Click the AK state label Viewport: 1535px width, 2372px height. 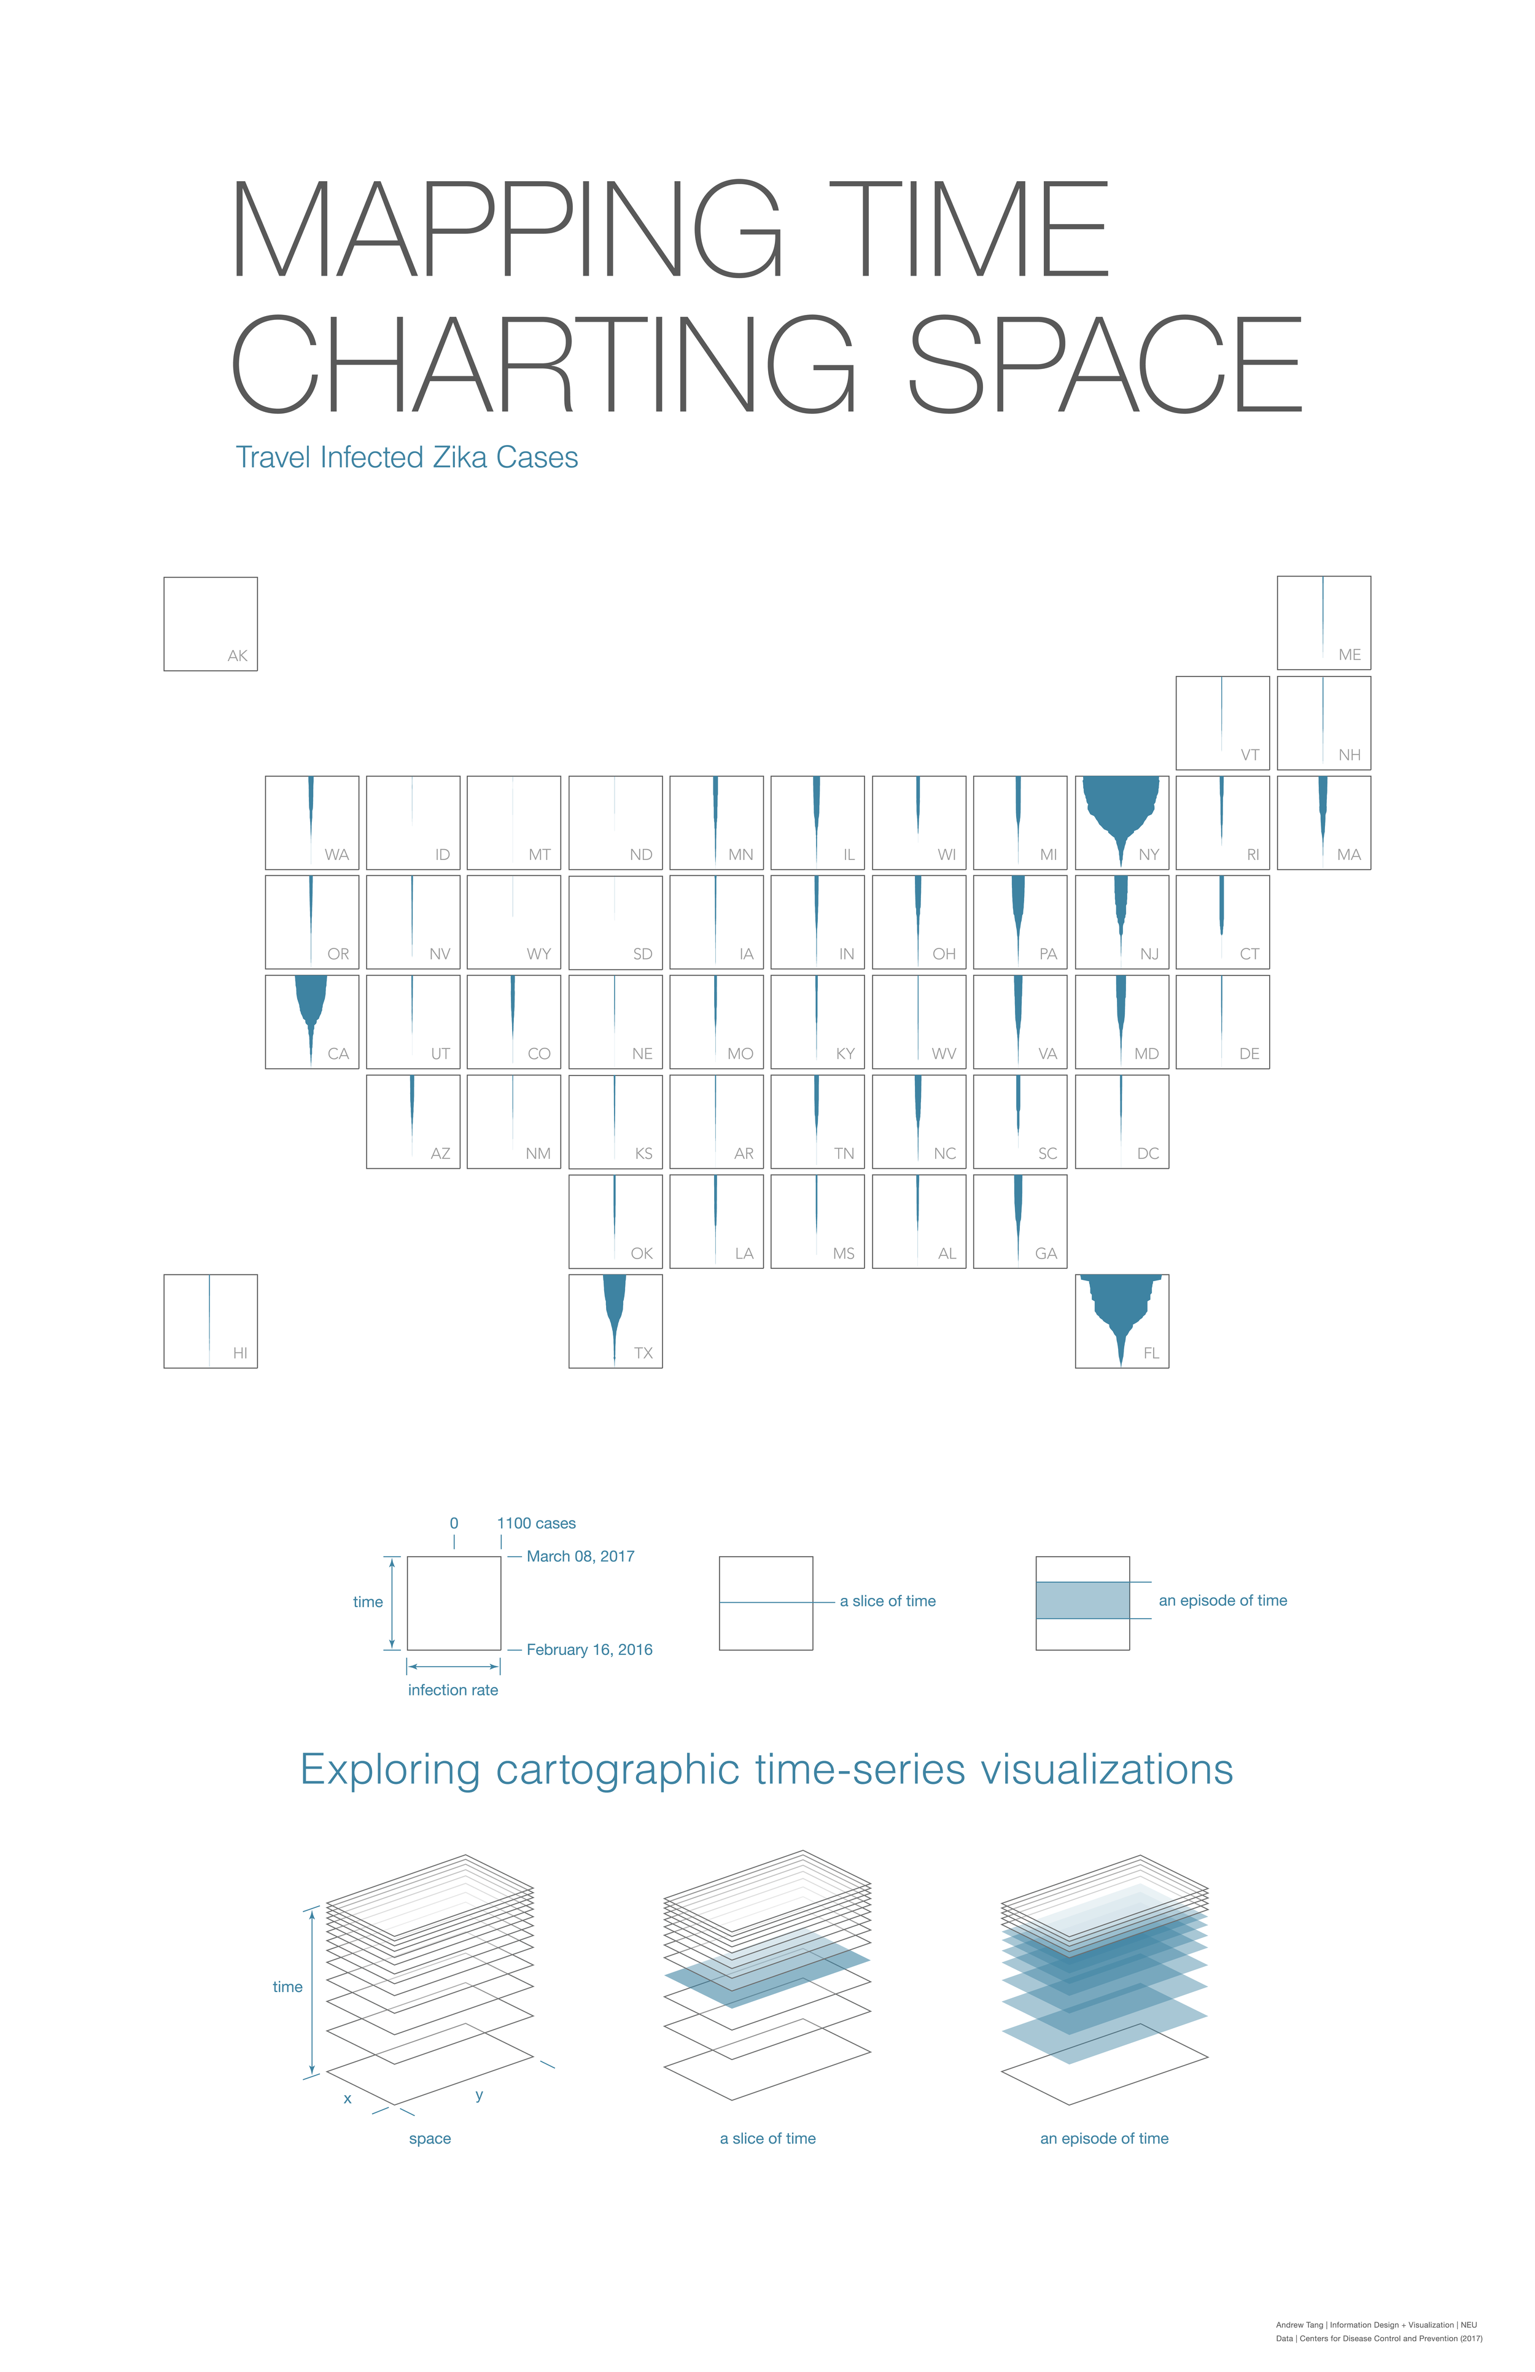click(x=237, y=656)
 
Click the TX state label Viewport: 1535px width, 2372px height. click(x=643, y=1354)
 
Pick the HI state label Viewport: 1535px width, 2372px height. click(x=239, y=1354)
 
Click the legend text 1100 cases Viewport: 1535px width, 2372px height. click(x=536, y=1523)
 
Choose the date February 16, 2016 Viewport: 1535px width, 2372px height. click(x=589, y=1649)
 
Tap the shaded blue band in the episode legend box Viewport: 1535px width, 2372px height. click(x=1082, y=1600)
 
